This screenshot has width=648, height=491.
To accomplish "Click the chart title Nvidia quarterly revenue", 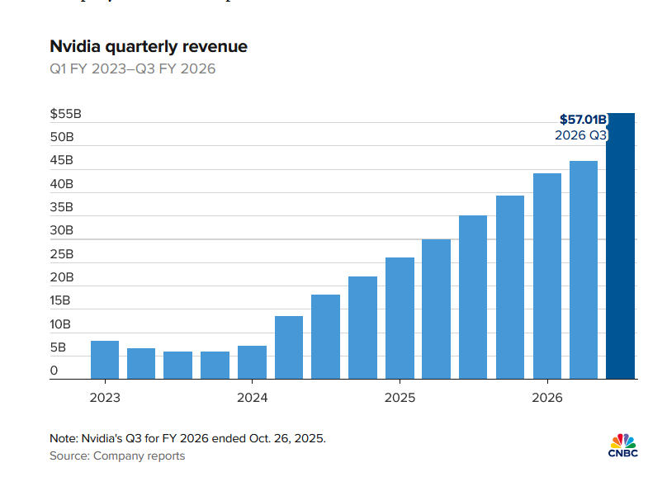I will pos(148,47).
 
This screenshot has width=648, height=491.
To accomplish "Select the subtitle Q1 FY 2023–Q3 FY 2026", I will pos(132,69).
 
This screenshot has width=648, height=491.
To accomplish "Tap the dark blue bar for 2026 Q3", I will pos(620,264).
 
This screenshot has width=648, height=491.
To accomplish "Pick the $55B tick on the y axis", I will pos(64,113).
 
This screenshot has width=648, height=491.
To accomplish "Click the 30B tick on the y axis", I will pos(62,230).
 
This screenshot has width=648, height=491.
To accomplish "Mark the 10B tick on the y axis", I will pos(62,324).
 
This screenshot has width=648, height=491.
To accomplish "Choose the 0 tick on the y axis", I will pos(54,371).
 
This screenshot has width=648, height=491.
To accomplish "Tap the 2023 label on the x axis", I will pos(105,398).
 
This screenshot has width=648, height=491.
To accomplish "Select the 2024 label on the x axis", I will pos(252,398).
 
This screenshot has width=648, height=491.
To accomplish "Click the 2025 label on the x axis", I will pos(400,398).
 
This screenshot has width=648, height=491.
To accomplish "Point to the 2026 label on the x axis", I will pos(546,398).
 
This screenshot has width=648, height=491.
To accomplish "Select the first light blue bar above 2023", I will pos(105,360).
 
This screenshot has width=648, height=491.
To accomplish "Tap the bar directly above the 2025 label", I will pos(400,318).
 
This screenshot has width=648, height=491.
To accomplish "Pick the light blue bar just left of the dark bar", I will pos(584,270).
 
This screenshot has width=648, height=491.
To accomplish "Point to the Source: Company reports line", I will pos(116,456).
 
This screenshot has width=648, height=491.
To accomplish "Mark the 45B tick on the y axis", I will pos(62,160).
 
